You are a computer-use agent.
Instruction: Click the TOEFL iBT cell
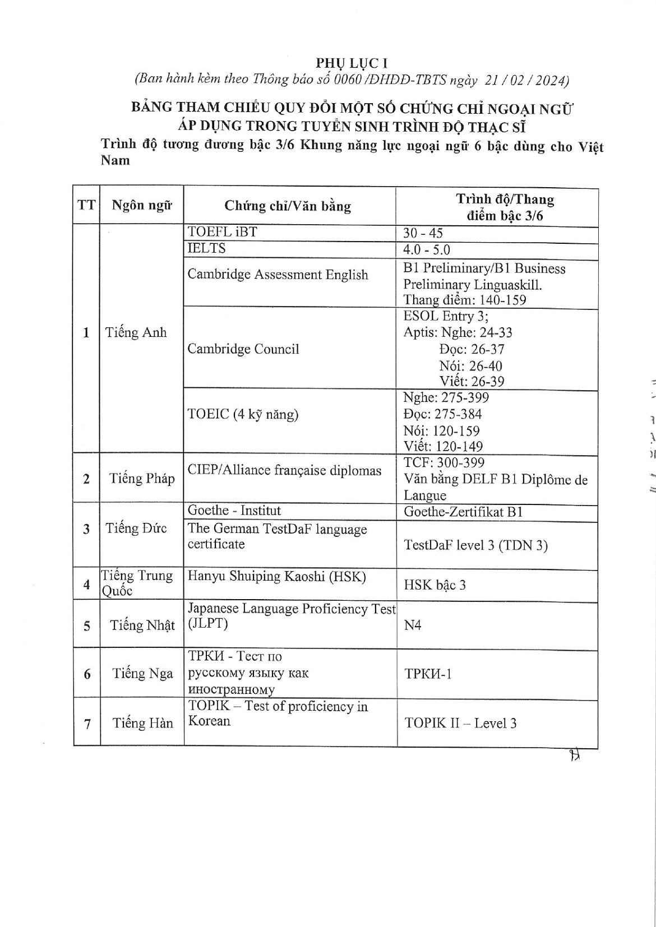pos(223,231)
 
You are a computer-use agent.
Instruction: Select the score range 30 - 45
pos(423,233)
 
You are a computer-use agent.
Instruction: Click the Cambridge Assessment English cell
pos(278,275)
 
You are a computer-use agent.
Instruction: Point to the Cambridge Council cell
pos(243,349)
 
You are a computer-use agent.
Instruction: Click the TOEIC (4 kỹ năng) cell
pos(243,414)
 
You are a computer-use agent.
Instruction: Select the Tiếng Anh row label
pos(136,332)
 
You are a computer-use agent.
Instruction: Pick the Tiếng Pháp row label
pos(142,478)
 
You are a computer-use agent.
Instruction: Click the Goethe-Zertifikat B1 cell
pos(463,512)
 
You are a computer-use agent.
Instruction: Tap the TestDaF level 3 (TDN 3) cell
pos(475,545)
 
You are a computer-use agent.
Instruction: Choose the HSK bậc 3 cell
pos(435,585)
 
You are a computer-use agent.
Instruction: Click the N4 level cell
pos(412,625)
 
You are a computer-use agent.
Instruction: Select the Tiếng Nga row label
pos(142,673)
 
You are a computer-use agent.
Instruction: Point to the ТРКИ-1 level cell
pos(428,673)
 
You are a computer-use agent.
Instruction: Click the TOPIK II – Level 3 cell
pos(460,723)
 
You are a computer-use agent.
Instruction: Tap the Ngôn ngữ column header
pos(141,205)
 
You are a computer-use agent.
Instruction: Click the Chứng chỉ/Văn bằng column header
pos(288,206)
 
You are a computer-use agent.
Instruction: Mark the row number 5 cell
pos(87,625)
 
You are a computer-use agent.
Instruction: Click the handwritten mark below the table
pos(573,756)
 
